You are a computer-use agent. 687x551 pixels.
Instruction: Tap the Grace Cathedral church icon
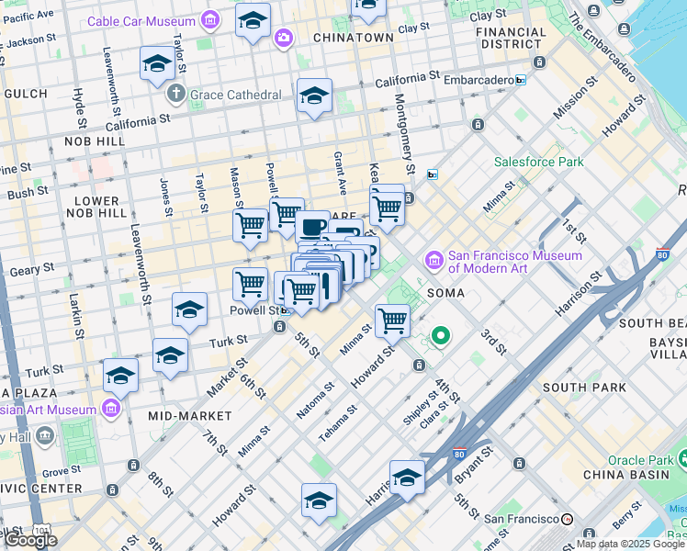176,94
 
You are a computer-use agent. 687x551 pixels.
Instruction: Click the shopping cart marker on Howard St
392,320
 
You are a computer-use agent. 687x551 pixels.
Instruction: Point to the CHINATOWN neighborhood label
354,38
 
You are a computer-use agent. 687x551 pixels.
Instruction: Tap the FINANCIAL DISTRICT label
511,38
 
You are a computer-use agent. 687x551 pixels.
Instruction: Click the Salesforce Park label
538,162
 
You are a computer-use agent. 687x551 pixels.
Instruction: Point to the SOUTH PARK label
577,388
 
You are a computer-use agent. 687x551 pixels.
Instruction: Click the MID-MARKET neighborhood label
184,416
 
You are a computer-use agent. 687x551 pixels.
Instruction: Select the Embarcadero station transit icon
521,80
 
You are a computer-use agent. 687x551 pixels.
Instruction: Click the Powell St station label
253,311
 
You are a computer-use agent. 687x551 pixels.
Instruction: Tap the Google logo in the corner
30,540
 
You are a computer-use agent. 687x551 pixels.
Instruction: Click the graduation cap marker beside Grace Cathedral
157,63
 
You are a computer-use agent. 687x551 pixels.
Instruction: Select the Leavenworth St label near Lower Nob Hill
141,265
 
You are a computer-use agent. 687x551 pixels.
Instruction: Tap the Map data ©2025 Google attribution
629,544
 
